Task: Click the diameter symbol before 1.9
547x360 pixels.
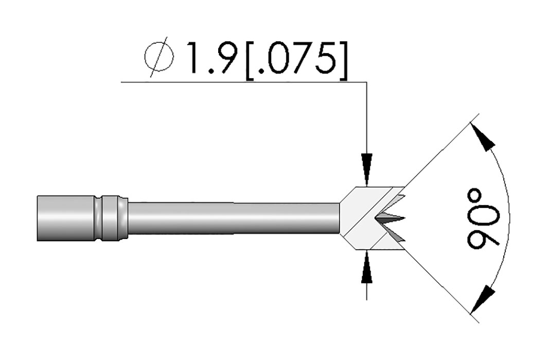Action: coord(158,57)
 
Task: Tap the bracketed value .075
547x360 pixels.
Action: coord(296,58)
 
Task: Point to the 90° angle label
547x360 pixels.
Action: coord(484,219)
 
